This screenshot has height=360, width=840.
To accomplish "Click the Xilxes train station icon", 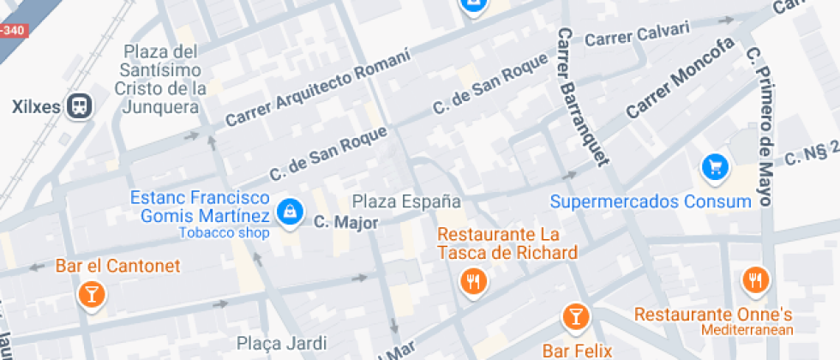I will pyautogui.click(x=80, y=106).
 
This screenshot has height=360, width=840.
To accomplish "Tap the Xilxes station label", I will pyautogui.click(x=38, y=107).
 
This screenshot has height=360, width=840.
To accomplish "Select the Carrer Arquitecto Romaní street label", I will pyautogui.click(x=317, y=88).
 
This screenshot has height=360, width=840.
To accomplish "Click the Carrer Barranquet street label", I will pyautogui.click(x=582, y=95).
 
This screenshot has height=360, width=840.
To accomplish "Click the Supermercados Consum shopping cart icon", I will pyautogui.click(x=714, y=167).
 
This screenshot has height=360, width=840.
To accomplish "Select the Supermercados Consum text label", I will pyautogui.click(x=650, y=202).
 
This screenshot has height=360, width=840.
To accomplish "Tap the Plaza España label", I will pyautogui.click(x=407, y=202).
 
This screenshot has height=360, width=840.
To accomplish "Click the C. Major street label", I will pyautogui.click(x=345, y=221).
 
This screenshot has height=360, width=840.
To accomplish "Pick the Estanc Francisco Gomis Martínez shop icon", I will pyautogui.click(x=291, y=213).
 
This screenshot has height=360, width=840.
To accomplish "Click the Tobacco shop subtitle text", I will pyautogui.click(x=224, y=232).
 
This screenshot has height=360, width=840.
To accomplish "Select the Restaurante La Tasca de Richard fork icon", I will pyautogui.click(x=472, y=280).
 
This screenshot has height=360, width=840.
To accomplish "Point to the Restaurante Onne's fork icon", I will pyautogui.click(x=755, y=279).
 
